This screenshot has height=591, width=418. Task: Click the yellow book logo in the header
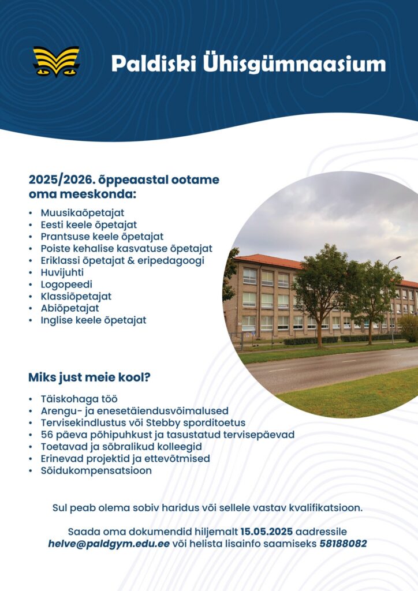pyautogui.click(x=57, y=61)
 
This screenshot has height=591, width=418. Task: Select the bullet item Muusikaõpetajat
pyautogui.click(x=83, y=213)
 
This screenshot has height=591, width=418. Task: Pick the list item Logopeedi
pyautogui.click(x=66, y=285)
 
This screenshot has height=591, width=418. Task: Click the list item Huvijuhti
pyautogui.click(x=62, y=272)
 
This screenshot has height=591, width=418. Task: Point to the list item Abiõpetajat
pyautogui.click(x=70, y=308)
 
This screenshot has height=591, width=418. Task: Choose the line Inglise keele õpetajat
pyautogui.click(x=94, y=320)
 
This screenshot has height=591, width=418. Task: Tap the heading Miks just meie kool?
pyautogui.click(x=89, y=377)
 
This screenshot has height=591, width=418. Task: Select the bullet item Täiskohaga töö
pyautogui.click(x=79, y=399)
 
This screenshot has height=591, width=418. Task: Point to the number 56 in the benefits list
pyautogui.click(x=47, y=435)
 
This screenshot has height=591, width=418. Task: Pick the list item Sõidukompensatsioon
pyautogui.click(x=96, y=471)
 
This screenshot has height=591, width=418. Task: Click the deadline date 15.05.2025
pyautogui.click(x=267, y=532)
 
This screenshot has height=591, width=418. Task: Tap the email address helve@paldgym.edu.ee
pyautogui.click(x=109, y=544)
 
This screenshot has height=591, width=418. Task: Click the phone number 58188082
pyautogui.click(x=343, y=544)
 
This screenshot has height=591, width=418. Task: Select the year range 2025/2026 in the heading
pyautogui.click(x=61, y=180)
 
